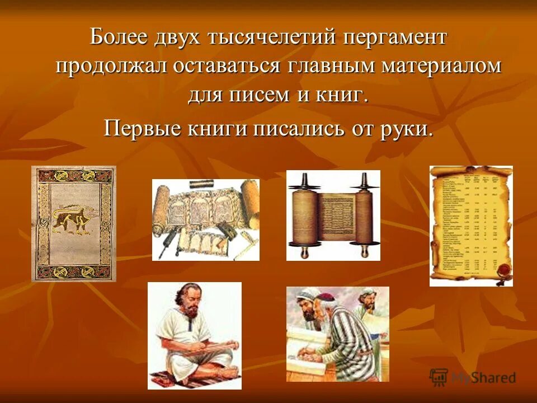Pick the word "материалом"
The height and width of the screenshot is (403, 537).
pyautogui.click(x=442, y=67)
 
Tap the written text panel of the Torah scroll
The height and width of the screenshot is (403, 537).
pyautogui.click(x=334, y=218)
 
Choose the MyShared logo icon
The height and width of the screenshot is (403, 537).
pyautogui.click(x=439, y=377)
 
